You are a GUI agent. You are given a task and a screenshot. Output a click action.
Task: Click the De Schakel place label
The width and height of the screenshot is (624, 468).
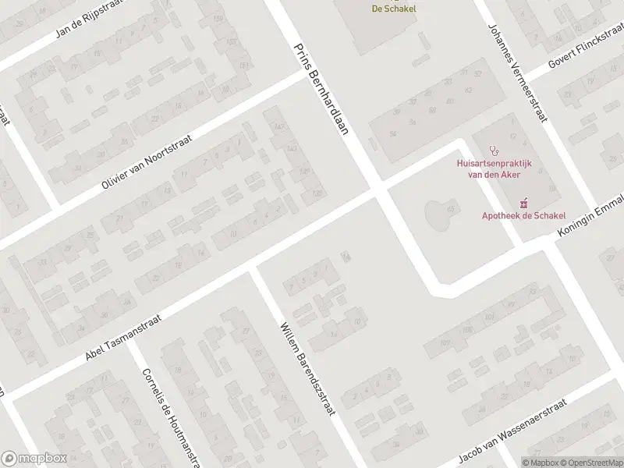(x=393, y=9)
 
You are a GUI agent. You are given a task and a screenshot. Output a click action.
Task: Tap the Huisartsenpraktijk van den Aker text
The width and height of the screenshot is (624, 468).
(x=492, y=168)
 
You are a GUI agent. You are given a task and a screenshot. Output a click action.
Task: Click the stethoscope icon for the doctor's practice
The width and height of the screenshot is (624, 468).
(x=492, y=150)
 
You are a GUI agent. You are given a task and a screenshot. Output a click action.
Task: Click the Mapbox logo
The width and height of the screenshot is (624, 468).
(x=33, y=459)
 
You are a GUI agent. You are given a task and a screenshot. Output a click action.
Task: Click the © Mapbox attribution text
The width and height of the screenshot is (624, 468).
(x=541, y=462)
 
